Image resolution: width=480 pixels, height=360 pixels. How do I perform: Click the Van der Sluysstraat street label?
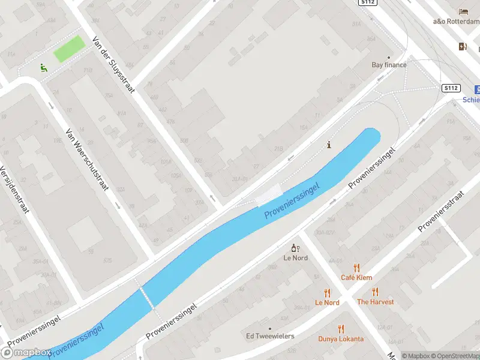click(x=114, y=65)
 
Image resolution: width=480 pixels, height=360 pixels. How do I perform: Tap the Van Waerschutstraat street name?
click(x=87, y=160)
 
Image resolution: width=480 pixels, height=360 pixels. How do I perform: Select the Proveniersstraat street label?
click(x=442, y=211)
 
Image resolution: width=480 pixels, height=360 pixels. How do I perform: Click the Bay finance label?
click(x=389, y=65)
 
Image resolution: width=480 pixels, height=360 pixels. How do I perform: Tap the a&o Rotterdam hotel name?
click(x=456, y=22)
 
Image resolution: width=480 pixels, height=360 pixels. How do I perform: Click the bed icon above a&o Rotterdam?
click(x=463, y=11)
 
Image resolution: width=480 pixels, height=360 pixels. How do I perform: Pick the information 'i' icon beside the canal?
click(x=328, y=145)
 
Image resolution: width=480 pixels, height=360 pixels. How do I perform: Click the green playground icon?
click(x=43, y=68)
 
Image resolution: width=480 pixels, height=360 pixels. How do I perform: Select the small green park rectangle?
click(x=69, y=49)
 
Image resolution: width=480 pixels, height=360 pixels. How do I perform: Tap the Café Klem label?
click(x=356, y=277)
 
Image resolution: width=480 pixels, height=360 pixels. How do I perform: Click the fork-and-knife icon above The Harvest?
click(x=375, y=292)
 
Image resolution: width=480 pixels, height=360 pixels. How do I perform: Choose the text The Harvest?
click(x=375, y=302)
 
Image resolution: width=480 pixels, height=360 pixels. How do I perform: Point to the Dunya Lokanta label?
click(x=341, y=339)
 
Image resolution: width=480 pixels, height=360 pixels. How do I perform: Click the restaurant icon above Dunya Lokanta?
click(x=341, y=329)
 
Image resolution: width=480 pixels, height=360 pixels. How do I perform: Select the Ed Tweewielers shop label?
click(x=270, y=336)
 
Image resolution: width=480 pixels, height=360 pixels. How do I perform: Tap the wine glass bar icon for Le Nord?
click(x=295, y=248)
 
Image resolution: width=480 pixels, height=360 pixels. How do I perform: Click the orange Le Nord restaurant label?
click(x=327, y=302)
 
